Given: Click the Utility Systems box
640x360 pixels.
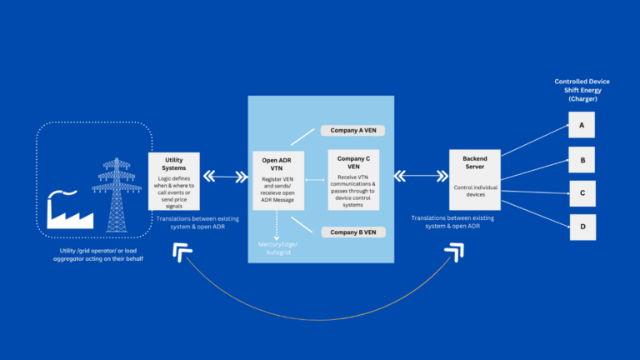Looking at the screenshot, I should pyautogui.click(x=173, y=182).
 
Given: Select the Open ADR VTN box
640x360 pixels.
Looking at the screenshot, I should pyautogui.click(x=281, y=180).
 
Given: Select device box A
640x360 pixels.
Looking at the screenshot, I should pyautogui.click(x=582, y=126).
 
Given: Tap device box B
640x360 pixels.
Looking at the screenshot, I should pyautogui.click(x=582, y=158).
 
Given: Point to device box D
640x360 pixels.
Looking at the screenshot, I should pyautogui.click(x=582, y=225).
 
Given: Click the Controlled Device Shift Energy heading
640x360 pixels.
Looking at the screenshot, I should pyautogui.click(x=582, y=90).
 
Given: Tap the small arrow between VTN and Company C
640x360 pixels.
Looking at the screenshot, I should pyautogui.click(x=316, y=180).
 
